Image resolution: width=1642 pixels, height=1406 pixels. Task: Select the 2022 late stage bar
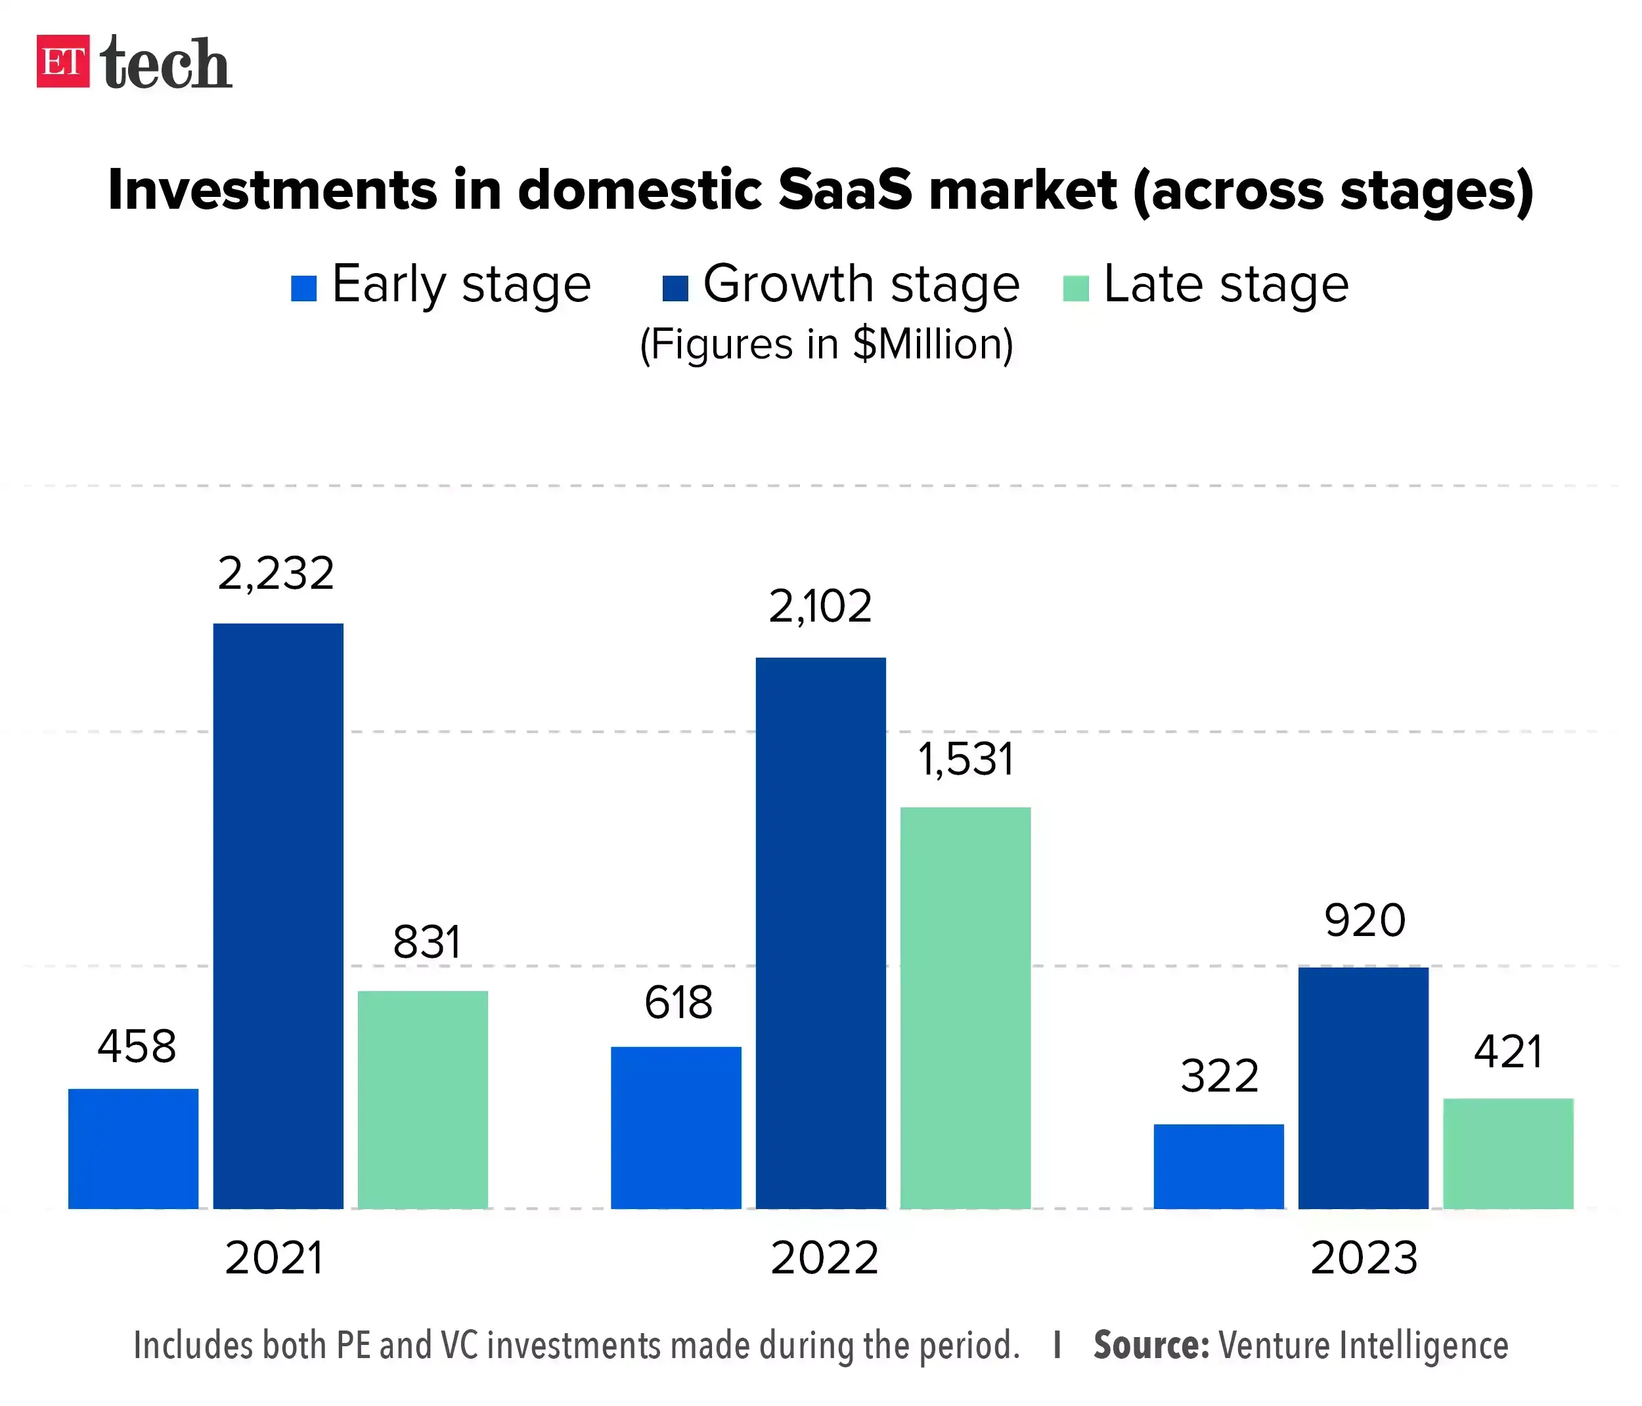pyautogui.click(x=965, y=1007)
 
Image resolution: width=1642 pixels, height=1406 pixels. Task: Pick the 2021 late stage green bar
pyautogui.click(x=422, y=1099)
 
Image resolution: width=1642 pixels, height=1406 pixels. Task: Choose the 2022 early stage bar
pyautogui.click(x=676, y=1126)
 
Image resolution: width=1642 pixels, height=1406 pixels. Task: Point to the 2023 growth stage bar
pyautogui.click(x=1363, y=1087)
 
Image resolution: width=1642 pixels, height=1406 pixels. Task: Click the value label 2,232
pyautogui.click(x=276, y=574)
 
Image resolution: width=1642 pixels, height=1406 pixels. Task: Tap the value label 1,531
pyautogui.click(x=965, y=759)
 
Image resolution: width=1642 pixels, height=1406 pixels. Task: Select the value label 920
pyautogui.click(x=1365, y=920)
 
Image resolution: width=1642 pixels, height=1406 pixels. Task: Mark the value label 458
pyautogui.click(x=137, y=1046)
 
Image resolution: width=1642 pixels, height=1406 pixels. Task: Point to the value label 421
pyautogui.click(x=1507, y=1052)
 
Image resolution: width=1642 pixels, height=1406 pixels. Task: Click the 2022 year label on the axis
pyautogui.click(x=824, y=1258)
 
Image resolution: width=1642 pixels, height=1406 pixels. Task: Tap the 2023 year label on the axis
pyautogui.click(x=1363, y=1258)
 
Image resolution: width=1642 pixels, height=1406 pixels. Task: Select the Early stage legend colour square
pyautogui.click(x=303, y=288)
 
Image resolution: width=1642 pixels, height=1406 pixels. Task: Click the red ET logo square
pyautogui.click(x=62, y=61)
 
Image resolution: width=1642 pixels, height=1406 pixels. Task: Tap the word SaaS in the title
pyautogui.click(x=845, y=190)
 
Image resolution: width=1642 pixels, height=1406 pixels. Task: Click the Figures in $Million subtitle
pyautogui.click(x=826, y=345)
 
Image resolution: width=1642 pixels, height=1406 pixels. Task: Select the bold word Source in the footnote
pyautogui.click(x=1151, y=1346)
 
